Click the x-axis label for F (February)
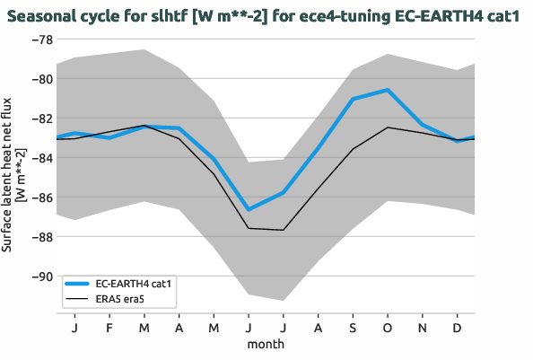tap(109, 328)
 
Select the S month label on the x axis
tap(353, 328)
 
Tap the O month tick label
tap(388, 328)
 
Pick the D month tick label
tap(458, 328)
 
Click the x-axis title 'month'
tap(266, 344)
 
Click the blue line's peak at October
tap(388, 90)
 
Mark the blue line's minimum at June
tap(248, 209)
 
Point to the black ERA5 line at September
tap(353, 149)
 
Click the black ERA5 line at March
tap(144, 126)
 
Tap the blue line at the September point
tap(353, 99)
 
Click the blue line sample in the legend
tap(78, 283)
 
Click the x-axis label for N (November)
tap(423, 328)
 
